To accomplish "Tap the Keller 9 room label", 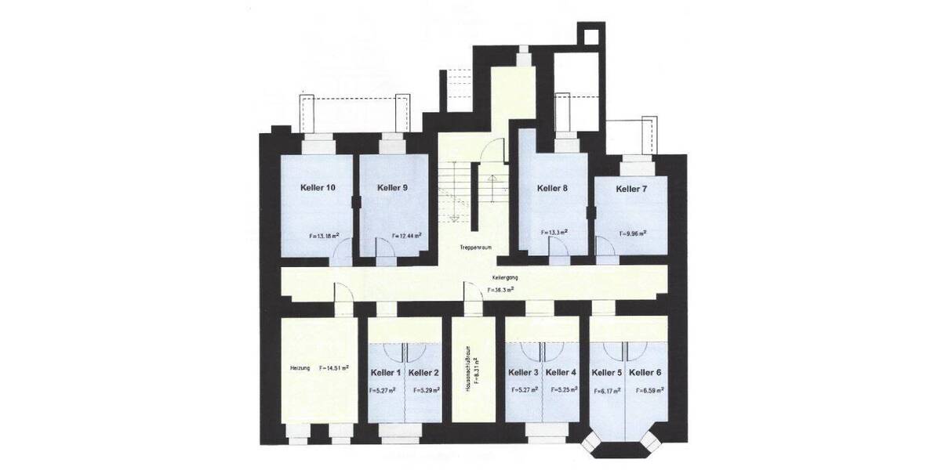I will [x=392, y=188].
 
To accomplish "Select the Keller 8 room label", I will [x=552, y=188].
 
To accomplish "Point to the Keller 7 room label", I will [x=631, y=189].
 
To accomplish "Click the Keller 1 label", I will [x=386, y=372].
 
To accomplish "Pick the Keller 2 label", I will [x=423, y=372].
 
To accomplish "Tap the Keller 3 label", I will [x=523, y=372].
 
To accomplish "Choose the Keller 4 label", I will [x=561, y=372].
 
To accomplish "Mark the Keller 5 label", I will [x=606, y=372].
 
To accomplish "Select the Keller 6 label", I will [x=645, y=372].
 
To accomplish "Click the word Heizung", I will [x=300, y=367].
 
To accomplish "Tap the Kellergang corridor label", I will [x=505, y=277].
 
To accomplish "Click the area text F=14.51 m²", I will [x=334, y=367].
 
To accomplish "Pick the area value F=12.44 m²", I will [x=406, y=235].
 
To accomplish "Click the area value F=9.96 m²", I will [x=633, y=233].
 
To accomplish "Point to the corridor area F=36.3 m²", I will [x=500, y=289].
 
